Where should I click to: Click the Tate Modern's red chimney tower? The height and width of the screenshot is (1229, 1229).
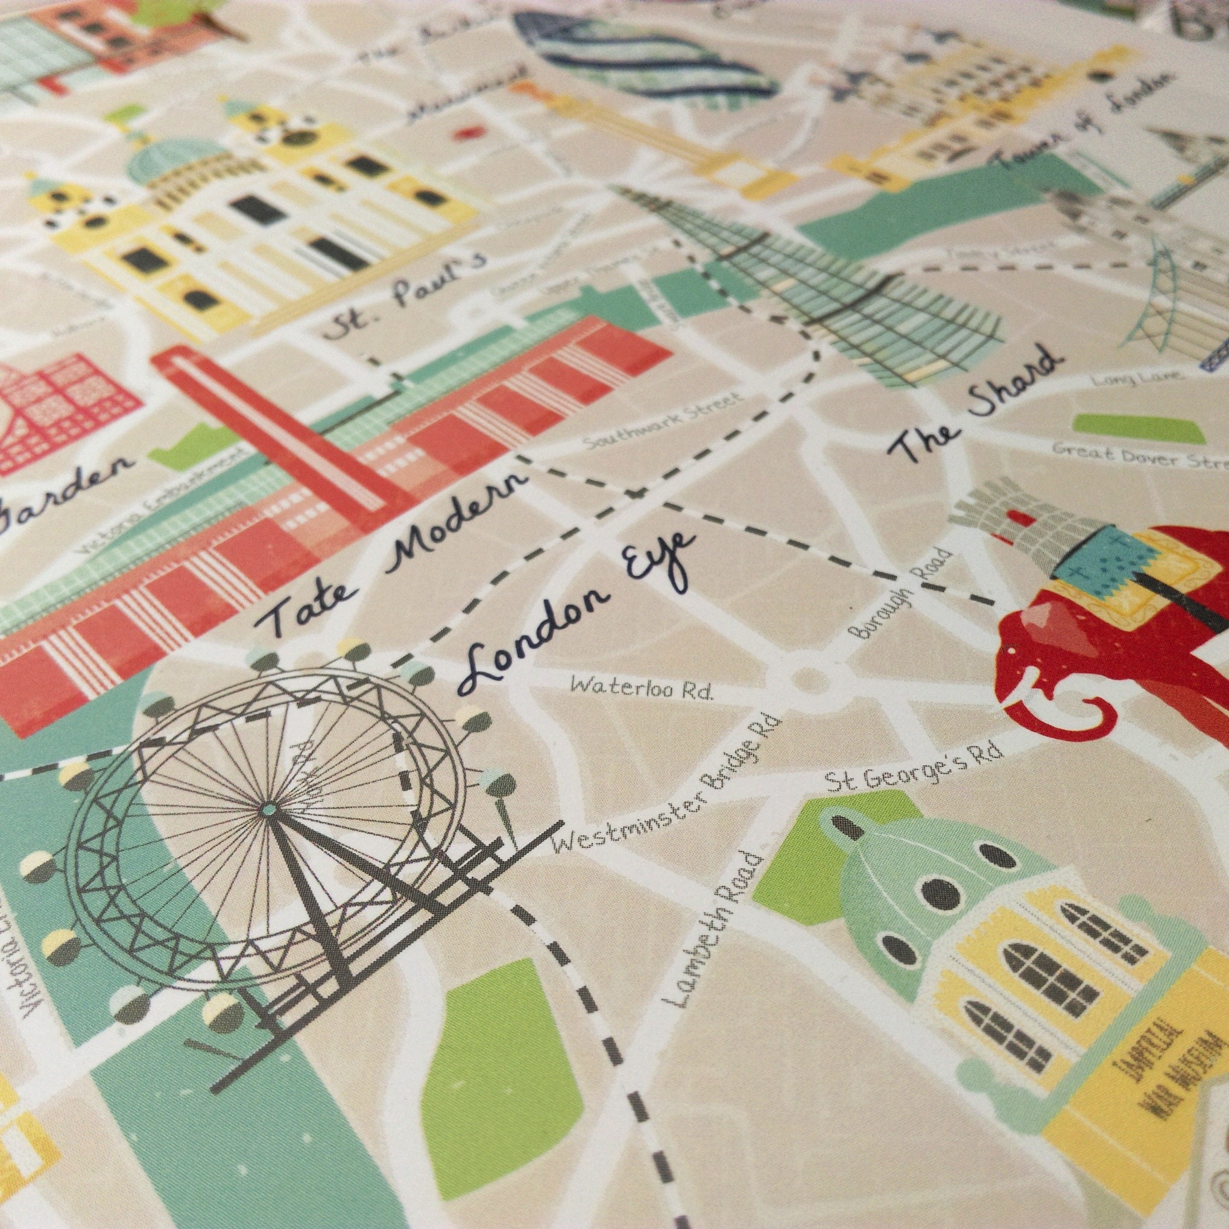point(274,426)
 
